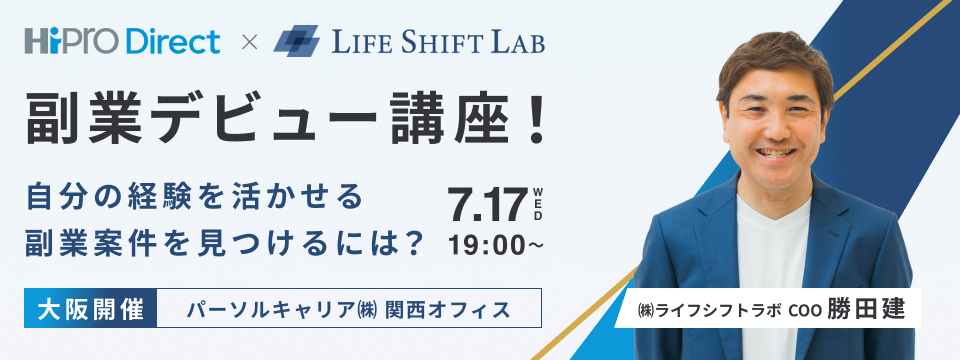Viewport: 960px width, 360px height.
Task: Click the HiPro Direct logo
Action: coord(125,42)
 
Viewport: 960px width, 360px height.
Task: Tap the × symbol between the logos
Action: coord(250,43)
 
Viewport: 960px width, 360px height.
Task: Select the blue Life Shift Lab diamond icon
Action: coord(295,42)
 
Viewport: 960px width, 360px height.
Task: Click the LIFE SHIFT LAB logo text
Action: coord(433,43)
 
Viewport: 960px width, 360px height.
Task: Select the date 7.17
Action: coord(487,203)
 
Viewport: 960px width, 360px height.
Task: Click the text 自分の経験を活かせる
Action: coord(194,195)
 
